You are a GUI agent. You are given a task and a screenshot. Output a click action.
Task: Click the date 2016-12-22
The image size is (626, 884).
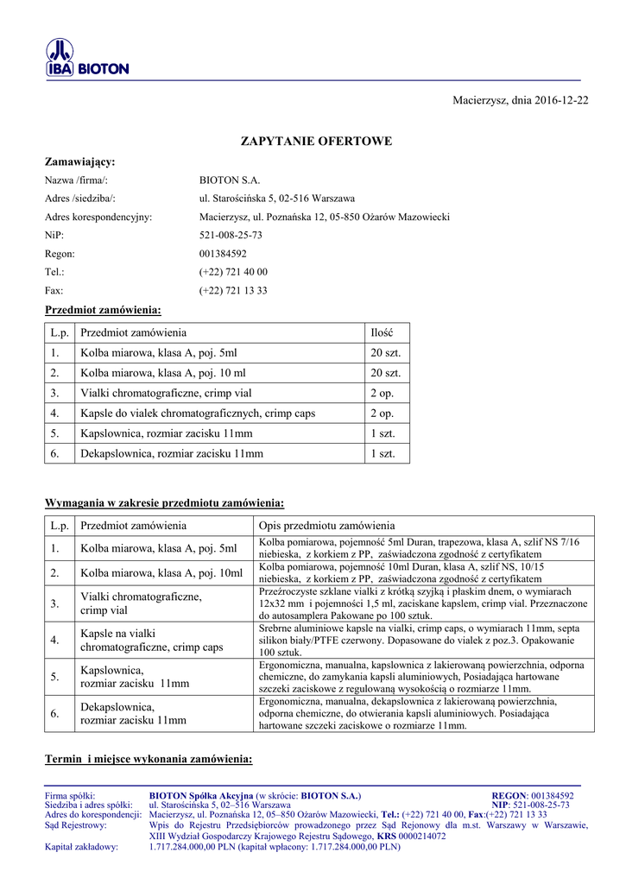pyautogui.click(x=560, y=101)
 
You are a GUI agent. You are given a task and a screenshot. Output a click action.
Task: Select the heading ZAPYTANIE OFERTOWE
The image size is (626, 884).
pyautogui.click(x=315, y=141)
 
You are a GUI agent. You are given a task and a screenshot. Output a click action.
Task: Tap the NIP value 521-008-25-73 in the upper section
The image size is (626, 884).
pyautogui.click(x=231, y=235)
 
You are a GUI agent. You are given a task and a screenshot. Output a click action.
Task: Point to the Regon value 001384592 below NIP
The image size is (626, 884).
pyautogui.click(x=223, y=254)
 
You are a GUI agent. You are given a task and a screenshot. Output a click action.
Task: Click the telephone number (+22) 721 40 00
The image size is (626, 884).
pyautogui.click(x=233, y=272)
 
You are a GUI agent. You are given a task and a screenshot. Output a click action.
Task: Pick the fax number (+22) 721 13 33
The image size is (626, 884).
pyautogui.click(x=233, y=291)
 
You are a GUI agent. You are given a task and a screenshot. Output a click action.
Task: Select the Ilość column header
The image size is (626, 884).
pyautogui.click(x=382, y=332)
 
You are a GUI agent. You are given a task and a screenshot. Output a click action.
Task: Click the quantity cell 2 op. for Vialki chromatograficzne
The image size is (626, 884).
pyautogui.click(x=382, y=393)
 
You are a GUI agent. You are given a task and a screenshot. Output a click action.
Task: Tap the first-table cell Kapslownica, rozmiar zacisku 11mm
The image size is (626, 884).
pyautogui.click(x=167, y=433)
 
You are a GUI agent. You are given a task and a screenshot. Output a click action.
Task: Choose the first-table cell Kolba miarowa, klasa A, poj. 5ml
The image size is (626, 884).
pyautogui.click(x=158, y=353)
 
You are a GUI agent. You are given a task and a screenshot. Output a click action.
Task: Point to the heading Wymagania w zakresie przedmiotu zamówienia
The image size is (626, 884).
pyautogui.click(x=164, y=502)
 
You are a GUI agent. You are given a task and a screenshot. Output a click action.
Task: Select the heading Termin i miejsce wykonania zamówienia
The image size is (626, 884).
pyautogui.click(x=149, y=760)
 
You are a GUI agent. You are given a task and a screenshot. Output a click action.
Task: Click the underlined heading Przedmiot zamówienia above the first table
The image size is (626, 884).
pyautogui.click(x=103, y=310)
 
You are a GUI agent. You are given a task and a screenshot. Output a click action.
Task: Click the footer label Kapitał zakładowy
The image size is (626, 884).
pyautogui.click(x=81, y=847)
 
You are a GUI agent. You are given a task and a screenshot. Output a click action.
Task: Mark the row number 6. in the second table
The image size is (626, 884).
pyautogui.click(x=54, y=714)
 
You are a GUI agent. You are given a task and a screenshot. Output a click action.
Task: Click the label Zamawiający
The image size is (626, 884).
pyautogui.click(x=79, y=161)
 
